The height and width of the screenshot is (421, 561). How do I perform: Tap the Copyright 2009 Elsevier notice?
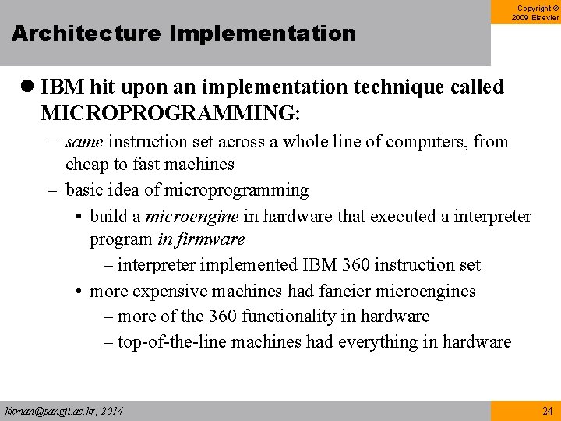coord(535,12)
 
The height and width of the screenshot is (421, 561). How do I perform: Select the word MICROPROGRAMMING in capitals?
coord(168,112)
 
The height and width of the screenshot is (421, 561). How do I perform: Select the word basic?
coord(85,190)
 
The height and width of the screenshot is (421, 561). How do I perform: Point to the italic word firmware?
coord(212,239)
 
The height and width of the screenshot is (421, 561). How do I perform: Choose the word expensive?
coord(167,292)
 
